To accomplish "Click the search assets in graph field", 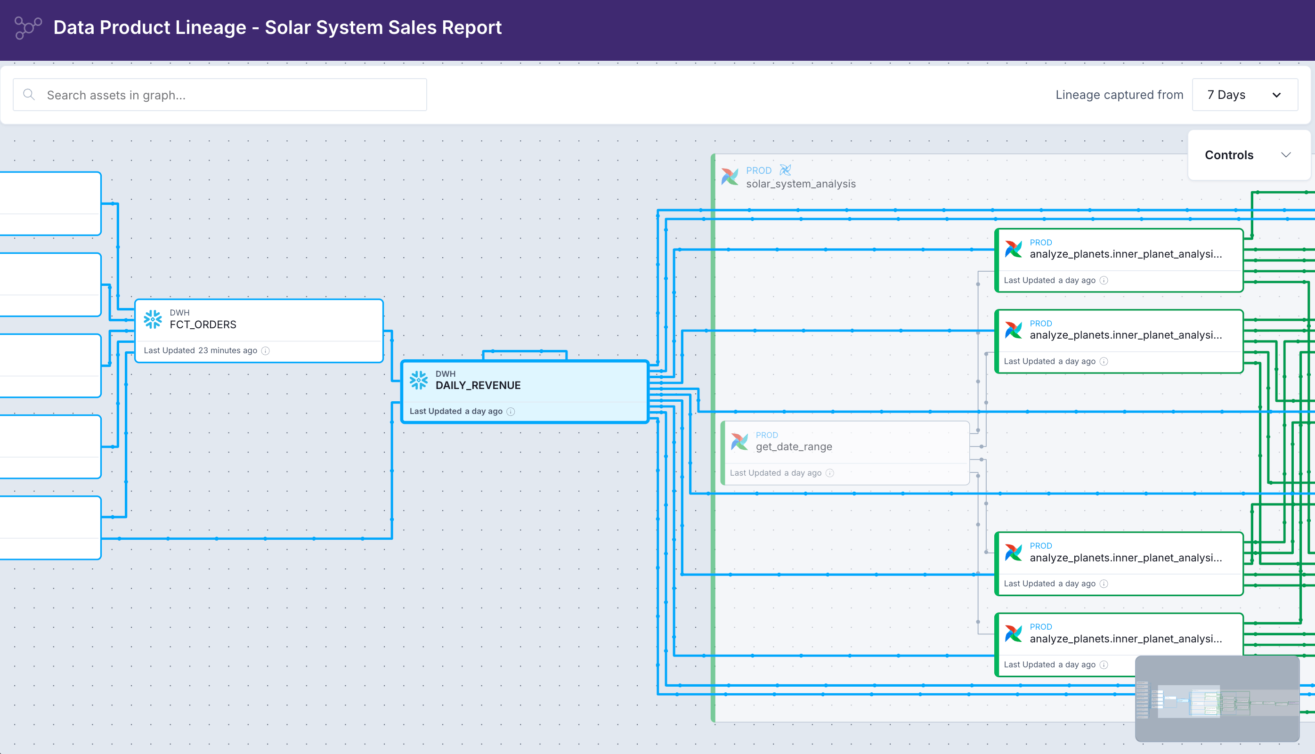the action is pos(220,95).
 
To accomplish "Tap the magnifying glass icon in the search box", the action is pos(29,94).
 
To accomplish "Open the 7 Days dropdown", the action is pos(1245,95).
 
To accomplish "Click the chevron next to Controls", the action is pos(1286,155).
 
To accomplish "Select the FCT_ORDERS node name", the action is pos(203,324).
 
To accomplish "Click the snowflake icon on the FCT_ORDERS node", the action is pos(153,319).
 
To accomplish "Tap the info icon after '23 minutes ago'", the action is pos(266,350).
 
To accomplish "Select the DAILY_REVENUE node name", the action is pos(478,385).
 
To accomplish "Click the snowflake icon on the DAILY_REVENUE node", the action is pos(419,380).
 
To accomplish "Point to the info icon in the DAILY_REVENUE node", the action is pos(511,412).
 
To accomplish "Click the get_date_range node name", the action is pos(794,446).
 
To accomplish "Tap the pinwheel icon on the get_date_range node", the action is pos(739,441).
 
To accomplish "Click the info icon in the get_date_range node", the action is pos(830,473).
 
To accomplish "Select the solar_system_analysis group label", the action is pos(800,184).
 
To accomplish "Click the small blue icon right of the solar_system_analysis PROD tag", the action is pos(786,170).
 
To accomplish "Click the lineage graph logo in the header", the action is pos(28,27).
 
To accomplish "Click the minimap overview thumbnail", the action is pos(1217,698).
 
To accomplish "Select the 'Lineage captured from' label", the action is pos(1119,95).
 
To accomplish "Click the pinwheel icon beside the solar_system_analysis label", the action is pos(730,177).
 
